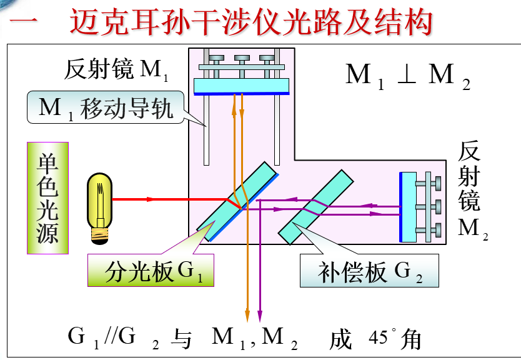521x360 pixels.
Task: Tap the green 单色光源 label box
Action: pyautogui.click(x=47, y=198)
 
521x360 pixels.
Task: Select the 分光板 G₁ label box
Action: pyautogui.click(x=150, y=272)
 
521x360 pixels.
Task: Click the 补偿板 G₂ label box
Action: pyautogui.click(x=369, y=271)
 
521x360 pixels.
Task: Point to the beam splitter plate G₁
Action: pyautogui.click(x=237, y=201)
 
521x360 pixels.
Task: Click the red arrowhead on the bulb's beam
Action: pyautogui.click(x=149, y=200)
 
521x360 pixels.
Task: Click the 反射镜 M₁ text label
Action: pyautogui.click(x=116, y=70)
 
